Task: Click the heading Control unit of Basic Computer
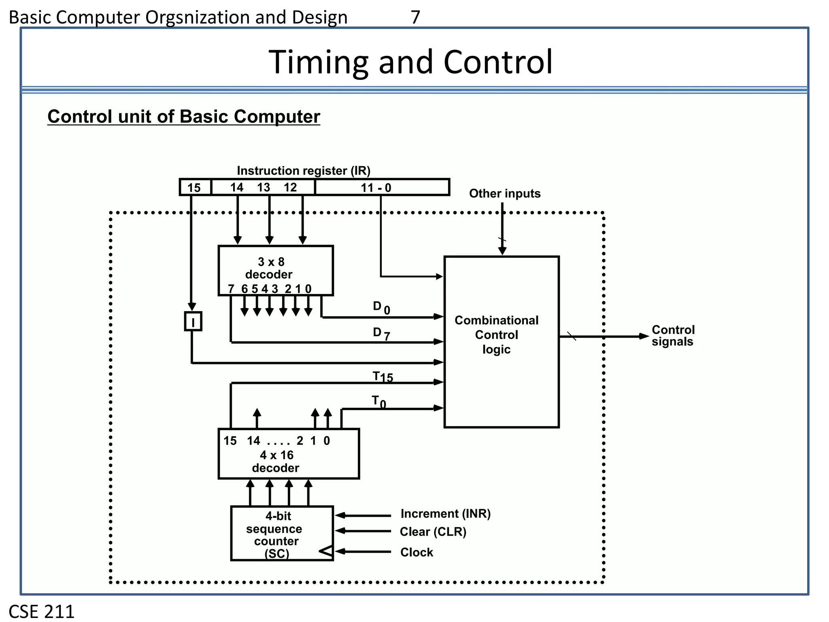tap(183, 117)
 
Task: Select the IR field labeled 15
tap(195, 187)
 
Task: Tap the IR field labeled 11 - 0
tap(381, 187)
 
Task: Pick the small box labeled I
tap(193, 322)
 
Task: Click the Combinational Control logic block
tap(501, 341)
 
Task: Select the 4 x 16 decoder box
tap(288, 454)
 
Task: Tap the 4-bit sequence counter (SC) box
tap(281, 533)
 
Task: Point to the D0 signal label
tap(381, 307)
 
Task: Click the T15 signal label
tap(382, 377)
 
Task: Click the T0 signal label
tap(379, 402)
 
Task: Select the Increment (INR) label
tap(445, 513)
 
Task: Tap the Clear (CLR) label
tap(433, 532)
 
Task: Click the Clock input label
tap(416, 552)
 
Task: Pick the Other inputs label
tap(504, 194)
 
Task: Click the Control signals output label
tap(673, 336)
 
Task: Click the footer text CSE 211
tap(41, 611)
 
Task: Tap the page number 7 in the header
tap(415, 17)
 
